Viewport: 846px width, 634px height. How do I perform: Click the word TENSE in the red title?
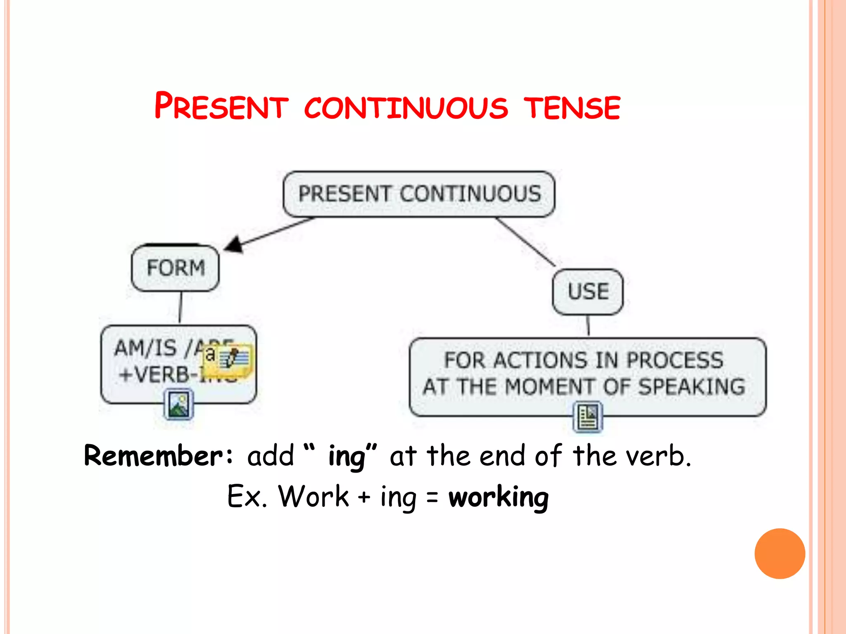tap(572, 108)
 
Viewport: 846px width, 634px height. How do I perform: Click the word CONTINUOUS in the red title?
tap(406, 108)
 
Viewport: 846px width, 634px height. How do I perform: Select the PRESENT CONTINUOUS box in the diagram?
tap(419, 194)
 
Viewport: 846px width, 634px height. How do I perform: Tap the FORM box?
tap(175, 268)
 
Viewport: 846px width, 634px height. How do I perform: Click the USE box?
tap(588, 292)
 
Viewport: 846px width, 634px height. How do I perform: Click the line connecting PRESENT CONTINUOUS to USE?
tap(525, 242)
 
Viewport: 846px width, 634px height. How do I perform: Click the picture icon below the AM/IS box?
tap(179, 405)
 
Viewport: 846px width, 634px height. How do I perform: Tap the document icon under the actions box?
tap(588, 417)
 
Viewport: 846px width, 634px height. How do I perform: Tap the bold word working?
tap(499, 497)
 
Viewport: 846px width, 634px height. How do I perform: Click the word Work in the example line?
tap(314, 497)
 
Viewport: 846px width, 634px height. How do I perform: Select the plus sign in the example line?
tap(364, 497)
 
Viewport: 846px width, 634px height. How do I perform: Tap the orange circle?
tap(779, 554)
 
